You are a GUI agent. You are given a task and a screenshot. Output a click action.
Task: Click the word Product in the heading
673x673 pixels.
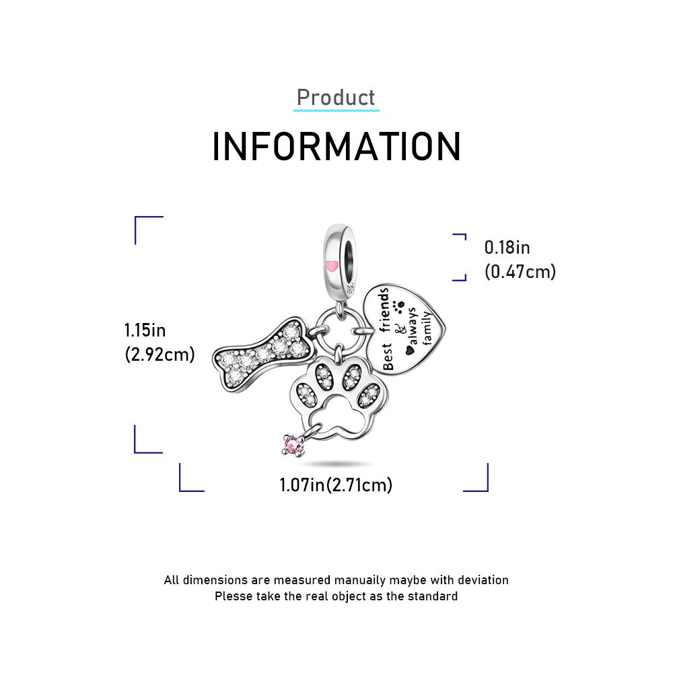(336, 98)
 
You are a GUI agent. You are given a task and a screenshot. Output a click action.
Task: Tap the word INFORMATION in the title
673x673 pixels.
(336, 147)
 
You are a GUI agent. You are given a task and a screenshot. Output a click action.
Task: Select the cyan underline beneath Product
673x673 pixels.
(336, 110)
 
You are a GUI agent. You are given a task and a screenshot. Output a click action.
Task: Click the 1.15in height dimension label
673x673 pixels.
(145, 330)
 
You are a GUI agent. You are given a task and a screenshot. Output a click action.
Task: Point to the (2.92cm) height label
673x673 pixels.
(160, 355)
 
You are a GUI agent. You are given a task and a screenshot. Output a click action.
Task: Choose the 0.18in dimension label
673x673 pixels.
(507, 248)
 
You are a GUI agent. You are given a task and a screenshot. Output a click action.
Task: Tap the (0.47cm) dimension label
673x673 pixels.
(520, 272)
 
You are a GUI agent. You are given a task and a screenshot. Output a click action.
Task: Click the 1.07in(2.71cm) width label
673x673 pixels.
(336, 485)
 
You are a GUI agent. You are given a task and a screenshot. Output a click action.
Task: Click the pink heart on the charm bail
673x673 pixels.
(332, 266)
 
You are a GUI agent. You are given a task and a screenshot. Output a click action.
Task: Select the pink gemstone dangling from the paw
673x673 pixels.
(293, 446)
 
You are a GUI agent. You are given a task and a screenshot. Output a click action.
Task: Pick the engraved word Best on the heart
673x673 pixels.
(387, 356)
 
